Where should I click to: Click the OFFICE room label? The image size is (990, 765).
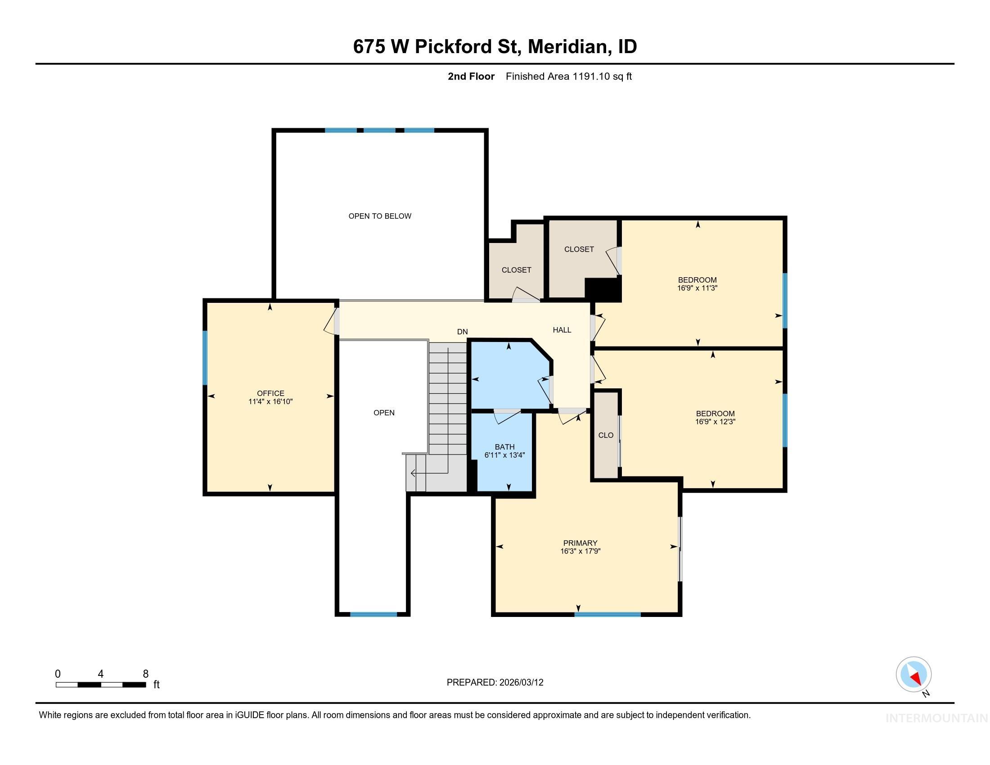click(270, 393)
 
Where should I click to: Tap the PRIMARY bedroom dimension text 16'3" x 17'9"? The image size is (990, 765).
click(580, 551)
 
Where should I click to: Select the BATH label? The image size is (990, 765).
click(504, 447)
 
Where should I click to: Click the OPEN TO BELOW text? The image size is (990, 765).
click(380, 216)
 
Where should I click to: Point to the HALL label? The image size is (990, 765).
click(562, 330)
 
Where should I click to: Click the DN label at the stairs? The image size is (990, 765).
click(462, 332)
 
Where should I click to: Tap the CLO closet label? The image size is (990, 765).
click(606, 435)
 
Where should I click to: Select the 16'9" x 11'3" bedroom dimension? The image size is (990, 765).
click(697, 288)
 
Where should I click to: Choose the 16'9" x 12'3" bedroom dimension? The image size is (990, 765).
click(715, 422)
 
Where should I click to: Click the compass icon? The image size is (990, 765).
click(913, 675)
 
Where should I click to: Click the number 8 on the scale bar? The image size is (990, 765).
click(145, 674)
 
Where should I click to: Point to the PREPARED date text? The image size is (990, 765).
click(495, 683)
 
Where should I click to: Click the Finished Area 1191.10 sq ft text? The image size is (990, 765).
click(568, 76)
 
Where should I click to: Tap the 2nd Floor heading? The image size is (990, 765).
click(471, 76)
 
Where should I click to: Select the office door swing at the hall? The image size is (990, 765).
click(331, 322)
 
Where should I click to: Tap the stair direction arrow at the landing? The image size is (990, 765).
click(414, 473)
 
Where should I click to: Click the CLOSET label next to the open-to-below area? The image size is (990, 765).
click(516, 270)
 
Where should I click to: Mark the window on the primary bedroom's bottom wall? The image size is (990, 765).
click(607, 615)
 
